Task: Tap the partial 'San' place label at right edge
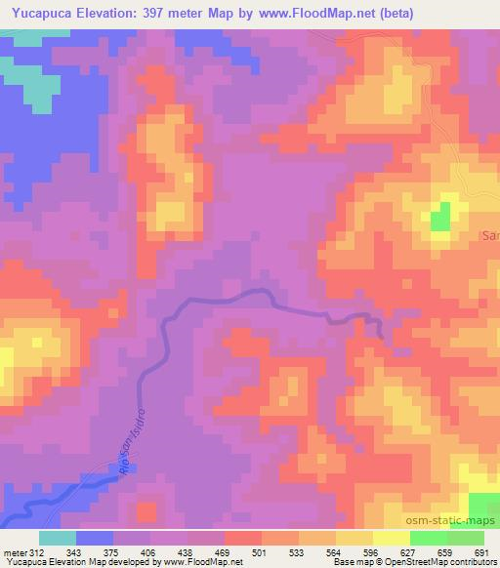coord(490,235)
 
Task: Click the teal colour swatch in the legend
coord(58,538)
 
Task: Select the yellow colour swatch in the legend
coord(392,538)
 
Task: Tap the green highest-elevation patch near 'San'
coord(442,216)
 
